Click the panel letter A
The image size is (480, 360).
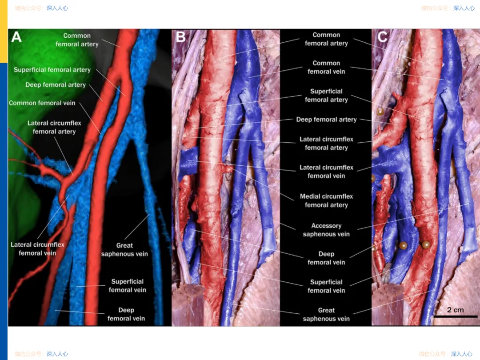coord(16,37)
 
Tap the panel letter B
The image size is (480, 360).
coord(180,37)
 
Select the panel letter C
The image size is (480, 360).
coord(383,37)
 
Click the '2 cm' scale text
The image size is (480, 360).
coord(455,310)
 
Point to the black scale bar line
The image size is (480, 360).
coord(456,316)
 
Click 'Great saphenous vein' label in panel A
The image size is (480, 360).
coord(124,249)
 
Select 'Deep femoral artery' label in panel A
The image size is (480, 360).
coord(56,85)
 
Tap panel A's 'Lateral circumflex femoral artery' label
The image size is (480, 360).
coord(54,127)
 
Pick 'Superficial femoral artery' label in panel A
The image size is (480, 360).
coord(52,70)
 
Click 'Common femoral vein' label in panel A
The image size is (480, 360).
coord(42,103)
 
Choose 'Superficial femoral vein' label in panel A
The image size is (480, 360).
coord(128,286)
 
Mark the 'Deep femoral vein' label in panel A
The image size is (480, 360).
coord(126,314)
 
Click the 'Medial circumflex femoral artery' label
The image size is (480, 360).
coord(326,200)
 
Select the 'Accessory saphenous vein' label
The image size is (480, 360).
coord(326,230)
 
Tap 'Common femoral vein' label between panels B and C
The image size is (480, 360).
coord(326,67)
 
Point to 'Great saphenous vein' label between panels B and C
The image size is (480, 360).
coord(326,314)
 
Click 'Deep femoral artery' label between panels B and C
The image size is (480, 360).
coord(326,120)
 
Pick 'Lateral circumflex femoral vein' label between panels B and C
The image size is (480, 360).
coord(326,172)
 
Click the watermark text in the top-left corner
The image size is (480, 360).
coord(41,8)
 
